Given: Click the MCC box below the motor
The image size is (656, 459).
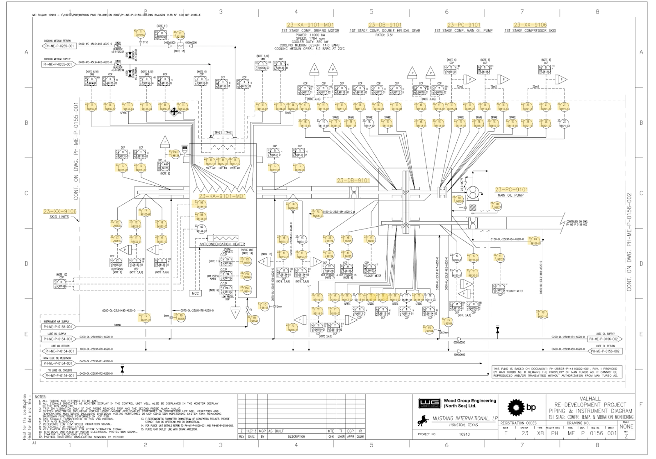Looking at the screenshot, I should pos(195,293).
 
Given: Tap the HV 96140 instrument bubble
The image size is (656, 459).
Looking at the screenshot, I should pos(254,319).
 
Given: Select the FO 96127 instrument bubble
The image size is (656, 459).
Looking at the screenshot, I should pos(497,206).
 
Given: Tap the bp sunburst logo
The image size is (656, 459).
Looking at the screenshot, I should pos(517,407).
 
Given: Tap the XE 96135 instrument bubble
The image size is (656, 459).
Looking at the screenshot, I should pos(118,224).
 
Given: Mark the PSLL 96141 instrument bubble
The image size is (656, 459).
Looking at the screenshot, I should pos(247,290).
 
